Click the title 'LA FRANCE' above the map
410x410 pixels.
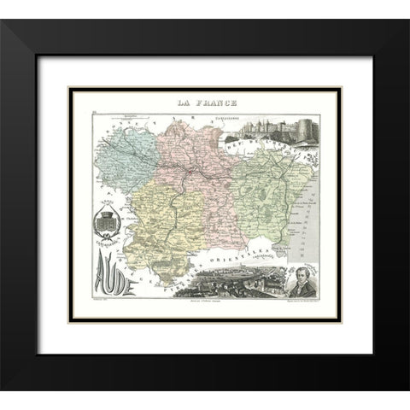[205, 103]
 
